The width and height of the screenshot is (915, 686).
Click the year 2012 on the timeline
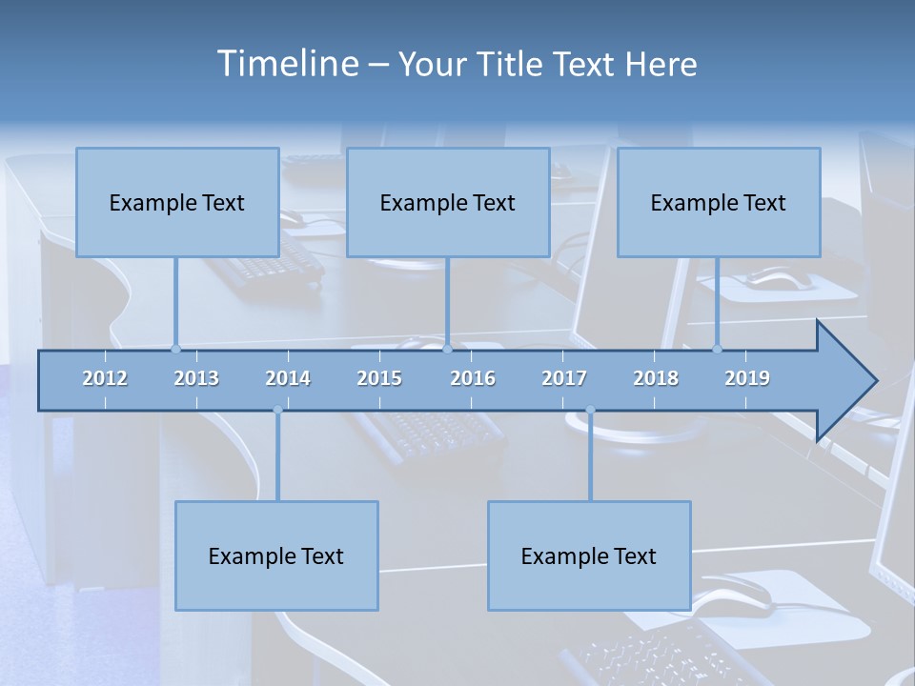click(105, 378)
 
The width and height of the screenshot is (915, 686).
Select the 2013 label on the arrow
click(196, 378)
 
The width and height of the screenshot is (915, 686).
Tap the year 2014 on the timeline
click(288, 378)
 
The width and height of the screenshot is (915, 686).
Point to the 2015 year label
click(379, 378)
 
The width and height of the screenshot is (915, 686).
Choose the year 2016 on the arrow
click(473, 378)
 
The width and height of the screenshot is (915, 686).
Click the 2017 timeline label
click(564, 378)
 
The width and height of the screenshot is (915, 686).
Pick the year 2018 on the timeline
click(656, 378)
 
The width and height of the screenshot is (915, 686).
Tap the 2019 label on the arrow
click(747, 378)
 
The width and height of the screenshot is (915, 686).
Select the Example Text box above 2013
click(177, 202)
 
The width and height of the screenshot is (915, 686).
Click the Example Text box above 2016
click(448, 202)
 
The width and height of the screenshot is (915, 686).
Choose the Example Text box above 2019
click(719, 202)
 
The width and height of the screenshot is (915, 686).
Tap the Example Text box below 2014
click(276, 555)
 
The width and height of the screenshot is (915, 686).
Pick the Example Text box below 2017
click(589, 555)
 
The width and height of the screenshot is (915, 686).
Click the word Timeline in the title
click(287, 64)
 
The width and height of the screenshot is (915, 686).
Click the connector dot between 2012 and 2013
click(175, 349)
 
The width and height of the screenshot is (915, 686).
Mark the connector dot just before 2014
click(277, 411)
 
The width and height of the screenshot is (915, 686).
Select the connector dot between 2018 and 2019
click(718, 349)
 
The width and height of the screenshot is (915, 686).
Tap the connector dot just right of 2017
click(590, 411)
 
